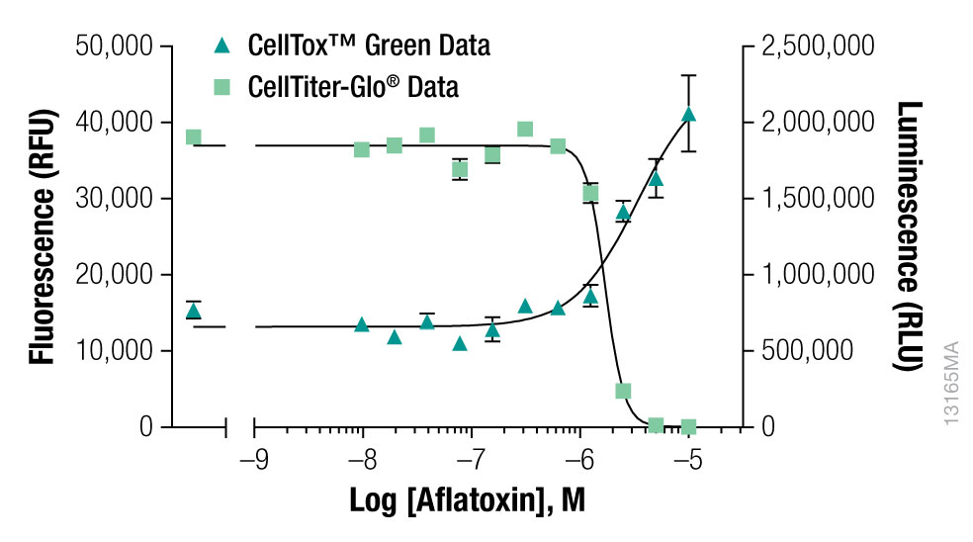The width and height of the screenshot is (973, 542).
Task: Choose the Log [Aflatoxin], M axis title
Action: pos(467,500)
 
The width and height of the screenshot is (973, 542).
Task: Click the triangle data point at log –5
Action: pos(689,115)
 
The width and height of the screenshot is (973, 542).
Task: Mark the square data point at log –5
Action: pos(689,426)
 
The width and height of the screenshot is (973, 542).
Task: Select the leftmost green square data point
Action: pos(194,137)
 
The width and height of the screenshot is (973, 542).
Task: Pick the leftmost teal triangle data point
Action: pos(194,312)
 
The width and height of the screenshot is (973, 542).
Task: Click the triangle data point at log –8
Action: pos(362,324)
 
